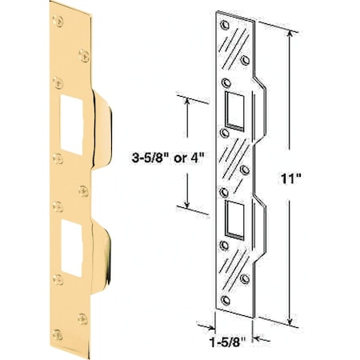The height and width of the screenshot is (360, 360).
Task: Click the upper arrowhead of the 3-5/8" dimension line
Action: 190,102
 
